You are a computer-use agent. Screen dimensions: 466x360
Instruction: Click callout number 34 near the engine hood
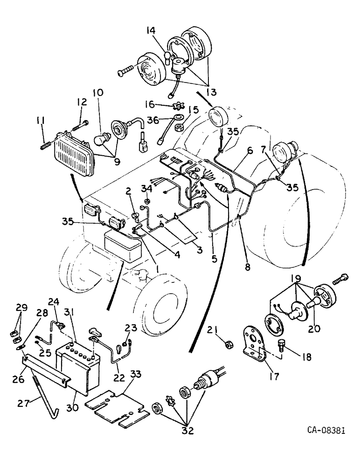pyautogui.click(x=147, y=188)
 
